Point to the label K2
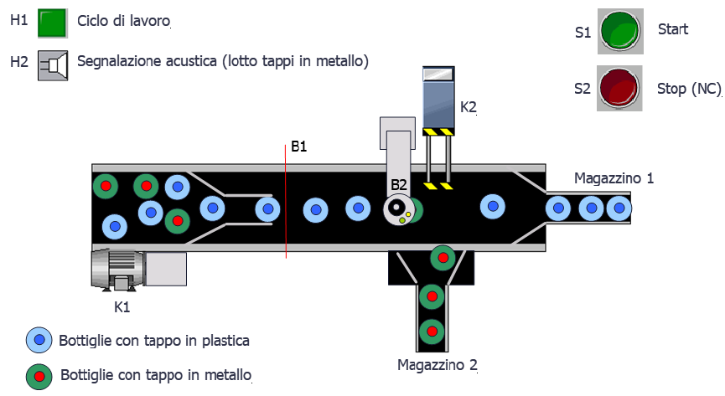click(469, 107)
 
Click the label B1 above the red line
click(299, 147)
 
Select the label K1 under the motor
click(122, 307)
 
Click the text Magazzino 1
click(614, 178)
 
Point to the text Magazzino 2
click(438, 365)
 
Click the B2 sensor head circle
click(397, 209)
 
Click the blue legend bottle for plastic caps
click(40, 341)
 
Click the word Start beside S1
click(673, 29)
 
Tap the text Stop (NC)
click(684, 89)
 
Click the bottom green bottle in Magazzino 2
click(432, 331)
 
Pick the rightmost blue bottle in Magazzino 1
click(619, 207)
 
